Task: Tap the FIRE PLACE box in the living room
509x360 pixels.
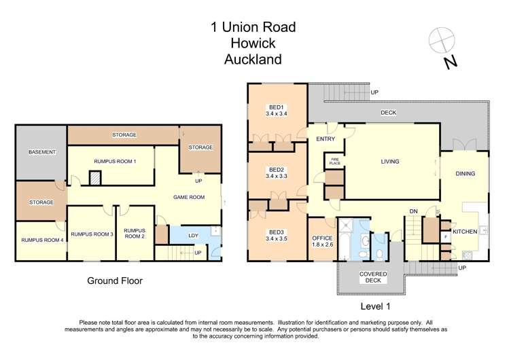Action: (x=334, y=162)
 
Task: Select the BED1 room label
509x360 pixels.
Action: (x=276, y=107)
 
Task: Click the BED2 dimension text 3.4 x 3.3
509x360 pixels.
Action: (x=276, y=176)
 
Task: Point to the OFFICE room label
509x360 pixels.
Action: (x=321, y=238)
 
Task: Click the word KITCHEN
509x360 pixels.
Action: (x=465, y=232)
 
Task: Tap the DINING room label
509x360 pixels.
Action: (x=466, y=174)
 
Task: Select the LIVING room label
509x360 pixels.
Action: (x=389, y=162)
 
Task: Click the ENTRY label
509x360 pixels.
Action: (x=326, y=139)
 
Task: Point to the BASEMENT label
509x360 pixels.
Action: (x=42, y=152)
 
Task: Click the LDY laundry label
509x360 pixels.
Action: (x=193, y=236)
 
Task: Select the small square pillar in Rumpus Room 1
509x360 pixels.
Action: (x=96, y=178)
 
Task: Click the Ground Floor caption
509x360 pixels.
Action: (x=115, y=280)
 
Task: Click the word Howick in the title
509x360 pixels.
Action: (x=253, y=43)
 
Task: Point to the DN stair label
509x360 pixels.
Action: (x=412, y=211)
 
